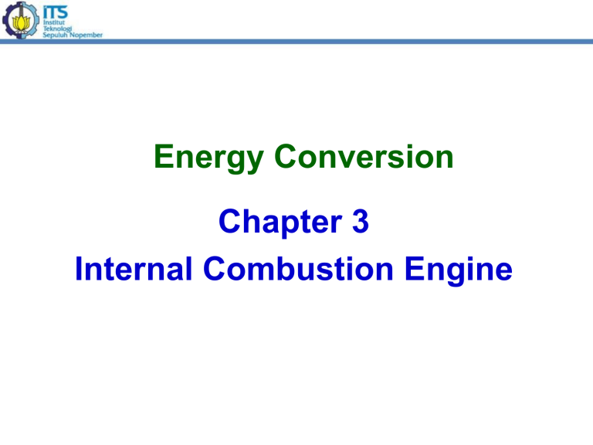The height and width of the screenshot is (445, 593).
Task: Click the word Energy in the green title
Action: [208, 158]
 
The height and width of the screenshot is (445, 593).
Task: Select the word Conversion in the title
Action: [364, 156]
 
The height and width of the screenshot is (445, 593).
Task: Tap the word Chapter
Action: [280, 222]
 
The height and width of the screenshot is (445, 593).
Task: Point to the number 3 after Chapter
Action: [361, 221]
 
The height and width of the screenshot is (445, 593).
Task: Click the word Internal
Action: [134, 268]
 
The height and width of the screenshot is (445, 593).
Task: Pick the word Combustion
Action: [298, 268]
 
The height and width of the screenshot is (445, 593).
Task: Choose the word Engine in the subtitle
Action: [459, 270]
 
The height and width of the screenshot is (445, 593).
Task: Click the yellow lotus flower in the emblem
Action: [21, 23]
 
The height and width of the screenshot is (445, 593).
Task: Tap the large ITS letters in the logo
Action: [56, 12]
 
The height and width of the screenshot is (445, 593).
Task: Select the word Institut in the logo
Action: [54, 22]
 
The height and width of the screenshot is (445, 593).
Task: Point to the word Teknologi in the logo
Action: [57, 29]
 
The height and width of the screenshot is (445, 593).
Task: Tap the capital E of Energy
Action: [164, 156]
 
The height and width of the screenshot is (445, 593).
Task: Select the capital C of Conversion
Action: [285, 156]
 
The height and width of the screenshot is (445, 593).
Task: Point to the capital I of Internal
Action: [79, 268]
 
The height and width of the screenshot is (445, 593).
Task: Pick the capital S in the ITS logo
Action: [62, 12]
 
